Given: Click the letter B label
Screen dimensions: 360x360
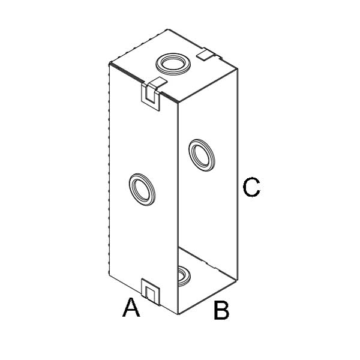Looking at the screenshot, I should coord(221,311).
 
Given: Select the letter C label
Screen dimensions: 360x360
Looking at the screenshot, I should coord(251,187).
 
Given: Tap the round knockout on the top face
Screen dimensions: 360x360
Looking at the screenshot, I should coord(172,62).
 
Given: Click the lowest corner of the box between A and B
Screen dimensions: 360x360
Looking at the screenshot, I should coord(178,313).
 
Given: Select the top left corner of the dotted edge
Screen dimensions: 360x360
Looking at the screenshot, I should coord(109,64).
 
